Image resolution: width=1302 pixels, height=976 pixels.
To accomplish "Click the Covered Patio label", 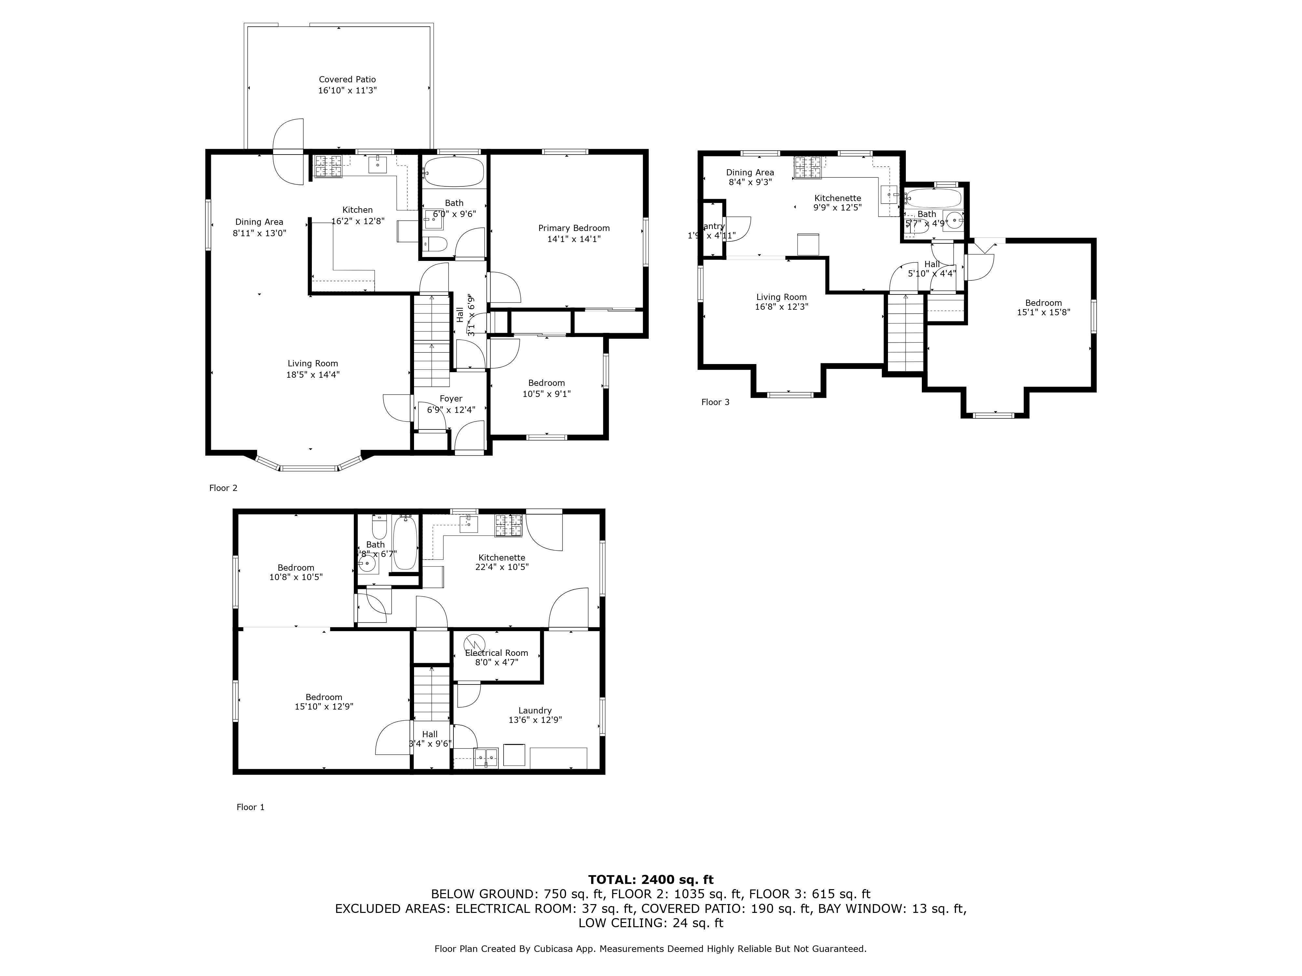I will [x=347, y=79].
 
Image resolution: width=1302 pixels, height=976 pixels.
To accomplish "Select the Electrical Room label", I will [x=496, y=653].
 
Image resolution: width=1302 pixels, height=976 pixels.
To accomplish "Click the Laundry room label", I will [x=534, y=711].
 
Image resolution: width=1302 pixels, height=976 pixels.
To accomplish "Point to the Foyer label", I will [x=451, y=399].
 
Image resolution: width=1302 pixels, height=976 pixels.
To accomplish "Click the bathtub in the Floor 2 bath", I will [x=453, y=172].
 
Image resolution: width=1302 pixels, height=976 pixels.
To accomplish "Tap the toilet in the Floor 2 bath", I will [x=436, y=244].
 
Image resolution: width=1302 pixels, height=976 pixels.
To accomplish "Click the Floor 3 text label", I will [x=715, y=402].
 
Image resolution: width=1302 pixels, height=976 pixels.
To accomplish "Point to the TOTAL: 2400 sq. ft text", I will [x=650, y=879].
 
